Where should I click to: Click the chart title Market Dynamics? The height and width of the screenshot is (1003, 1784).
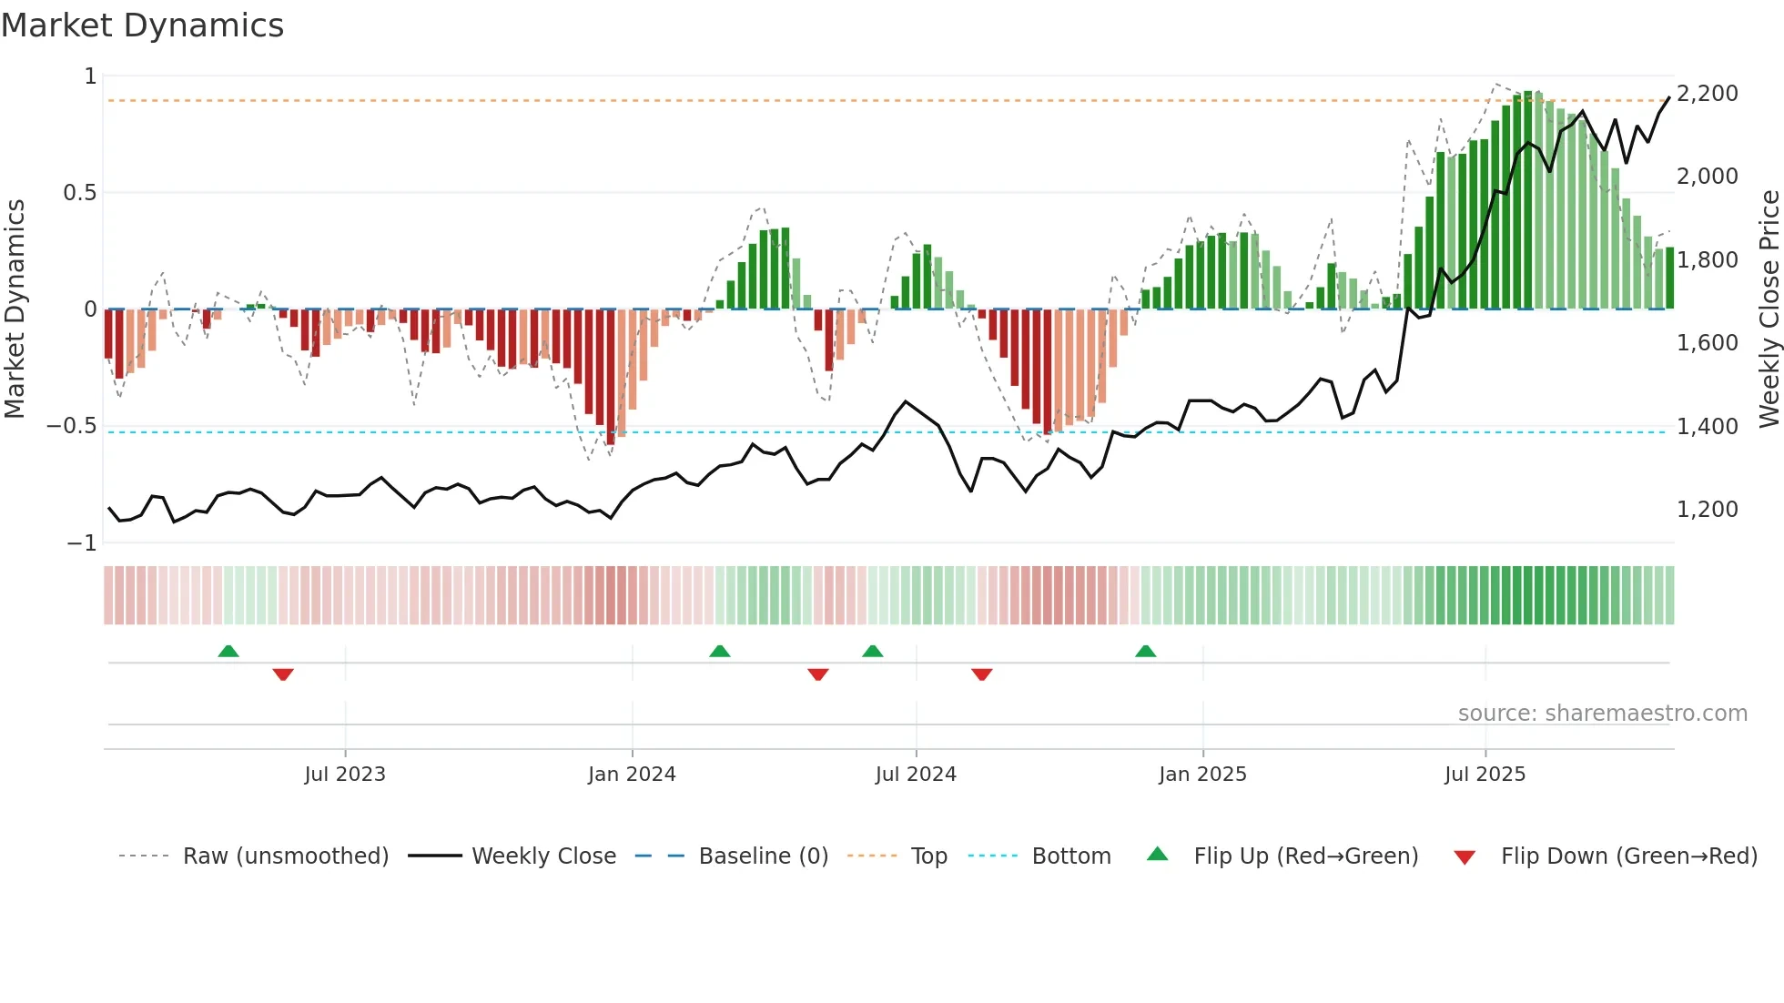(x=143, y=25)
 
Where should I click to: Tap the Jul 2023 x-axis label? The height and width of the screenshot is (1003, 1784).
(x=345, y=775)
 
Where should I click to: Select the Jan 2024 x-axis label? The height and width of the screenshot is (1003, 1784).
(x=632, y=775)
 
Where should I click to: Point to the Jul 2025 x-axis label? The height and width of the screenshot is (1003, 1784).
(x=1485, y=775)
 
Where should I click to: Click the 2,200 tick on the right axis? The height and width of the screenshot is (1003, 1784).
(x=1707, y=94)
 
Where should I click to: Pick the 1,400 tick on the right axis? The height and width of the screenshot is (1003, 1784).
(x=1707, y=426)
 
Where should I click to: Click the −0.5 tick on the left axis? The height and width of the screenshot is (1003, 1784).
(x=72, y=426)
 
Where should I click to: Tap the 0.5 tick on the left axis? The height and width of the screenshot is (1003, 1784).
(x=79, y=193)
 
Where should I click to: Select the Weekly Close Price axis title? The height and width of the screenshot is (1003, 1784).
(x=1769, y=309)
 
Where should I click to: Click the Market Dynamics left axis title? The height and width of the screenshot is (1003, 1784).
(x=15, y=309)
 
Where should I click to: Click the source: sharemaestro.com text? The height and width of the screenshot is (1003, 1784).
(x=1602, y=714)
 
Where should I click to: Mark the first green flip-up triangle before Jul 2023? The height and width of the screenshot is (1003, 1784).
(x=228, y=652)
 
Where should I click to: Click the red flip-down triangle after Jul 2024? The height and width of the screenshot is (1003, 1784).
(x=981, y=674)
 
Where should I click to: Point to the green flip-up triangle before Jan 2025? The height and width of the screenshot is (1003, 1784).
(x=1145, y=652)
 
